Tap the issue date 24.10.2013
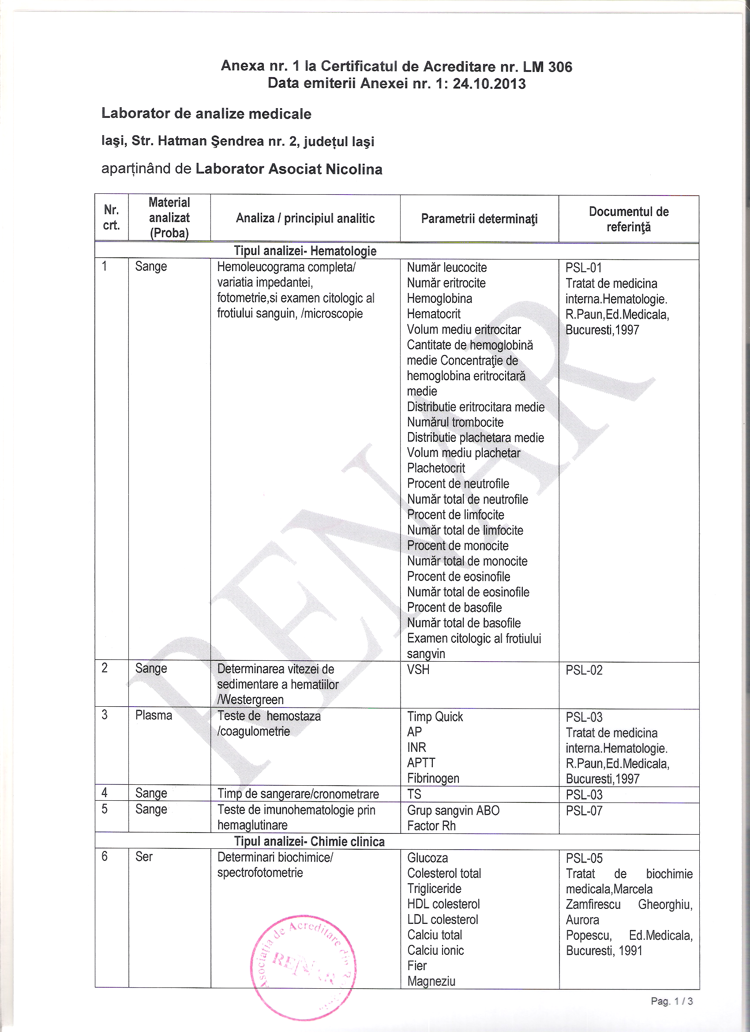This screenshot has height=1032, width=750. coord(489,84)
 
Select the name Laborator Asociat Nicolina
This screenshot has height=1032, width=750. coord(289,169)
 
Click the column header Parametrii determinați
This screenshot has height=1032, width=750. coord(479,219)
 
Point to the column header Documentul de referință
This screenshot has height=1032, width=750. coord(628,219)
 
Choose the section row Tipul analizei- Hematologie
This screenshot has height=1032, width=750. coord(305,251)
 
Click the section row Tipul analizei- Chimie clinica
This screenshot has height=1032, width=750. coord(309,841)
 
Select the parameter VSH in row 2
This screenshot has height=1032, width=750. coord(418,669)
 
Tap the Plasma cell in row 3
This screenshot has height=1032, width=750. coord(154,716)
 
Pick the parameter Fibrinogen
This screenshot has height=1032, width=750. coord(433,778)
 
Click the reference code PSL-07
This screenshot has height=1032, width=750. coord(584,810)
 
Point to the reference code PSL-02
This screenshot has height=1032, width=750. coord(584,670)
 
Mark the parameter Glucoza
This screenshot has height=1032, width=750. coord(427,858)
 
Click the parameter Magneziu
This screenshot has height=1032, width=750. coord(431,981)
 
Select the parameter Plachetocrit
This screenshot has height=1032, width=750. coord(436,468)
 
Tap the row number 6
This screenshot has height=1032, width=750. coord(105,856)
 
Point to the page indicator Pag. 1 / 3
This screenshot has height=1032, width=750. coord(671,1001)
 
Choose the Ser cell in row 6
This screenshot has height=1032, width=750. coord(144,856)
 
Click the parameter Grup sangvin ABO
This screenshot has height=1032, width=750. coord(453,810)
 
